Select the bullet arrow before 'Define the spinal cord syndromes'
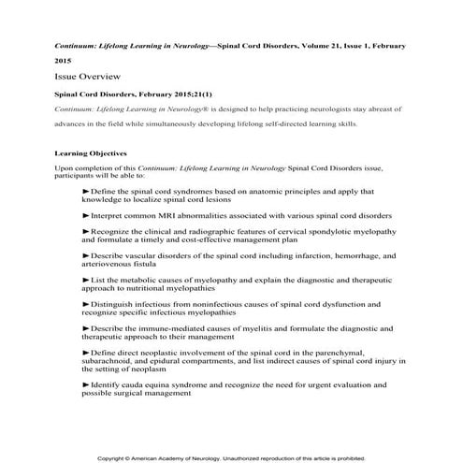[x=86, y=191]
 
